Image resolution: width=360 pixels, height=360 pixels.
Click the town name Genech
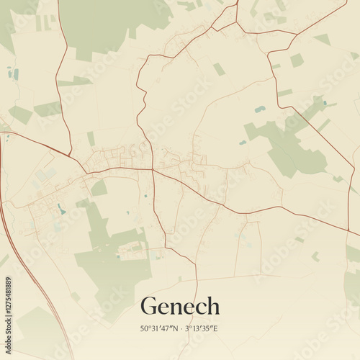[180, 306]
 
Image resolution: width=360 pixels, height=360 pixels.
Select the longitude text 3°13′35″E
[202, 329]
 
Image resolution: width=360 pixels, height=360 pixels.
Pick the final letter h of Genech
[212, 306]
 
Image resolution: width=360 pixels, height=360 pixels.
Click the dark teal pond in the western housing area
[61, 209]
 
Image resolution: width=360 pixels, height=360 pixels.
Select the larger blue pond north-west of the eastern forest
[259, 109]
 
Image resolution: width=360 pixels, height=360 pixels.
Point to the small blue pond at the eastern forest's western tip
[243, 143]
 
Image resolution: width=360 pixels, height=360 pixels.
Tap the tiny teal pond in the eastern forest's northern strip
[325, 103]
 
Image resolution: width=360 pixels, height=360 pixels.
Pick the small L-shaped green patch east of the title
[315, 256]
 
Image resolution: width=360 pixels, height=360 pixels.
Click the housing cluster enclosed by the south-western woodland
[133, 249]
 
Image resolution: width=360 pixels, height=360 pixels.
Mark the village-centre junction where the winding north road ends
[153, 170]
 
